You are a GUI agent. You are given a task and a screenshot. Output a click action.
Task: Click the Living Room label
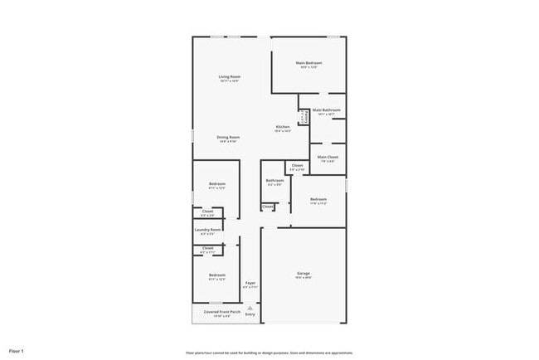(230, 77)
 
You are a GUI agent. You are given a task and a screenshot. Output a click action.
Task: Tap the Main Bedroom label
(308, 63)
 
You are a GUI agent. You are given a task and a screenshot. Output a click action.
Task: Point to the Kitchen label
(283, 127)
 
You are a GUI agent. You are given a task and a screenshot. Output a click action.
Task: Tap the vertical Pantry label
(303, 118)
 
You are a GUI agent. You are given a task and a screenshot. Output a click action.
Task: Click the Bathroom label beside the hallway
(275, 180)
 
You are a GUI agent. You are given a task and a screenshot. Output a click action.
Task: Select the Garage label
(303, 273)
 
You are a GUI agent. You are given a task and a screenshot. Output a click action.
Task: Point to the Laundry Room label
(207, 230)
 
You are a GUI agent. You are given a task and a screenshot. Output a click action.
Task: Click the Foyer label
(250, 284)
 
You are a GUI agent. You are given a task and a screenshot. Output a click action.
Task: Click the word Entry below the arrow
(250, 314)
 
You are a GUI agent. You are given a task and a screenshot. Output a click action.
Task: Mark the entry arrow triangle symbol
(250, 306)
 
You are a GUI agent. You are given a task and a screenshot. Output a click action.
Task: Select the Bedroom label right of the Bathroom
(319, 199)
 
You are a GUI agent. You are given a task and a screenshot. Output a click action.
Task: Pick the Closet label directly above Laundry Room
(207, 212)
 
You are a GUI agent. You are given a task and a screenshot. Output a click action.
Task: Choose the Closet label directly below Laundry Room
(207, 247)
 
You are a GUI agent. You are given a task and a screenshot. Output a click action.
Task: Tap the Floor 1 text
(17, 352)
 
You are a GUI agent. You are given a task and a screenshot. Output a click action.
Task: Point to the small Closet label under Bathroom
(268, 207)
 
